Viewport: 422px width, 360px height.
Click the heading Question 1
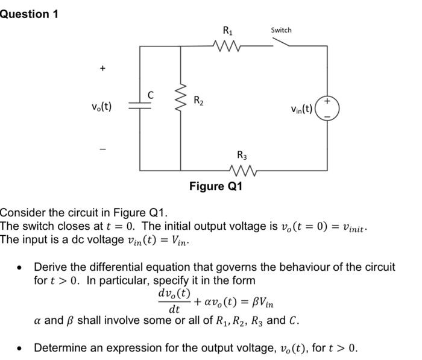pyautogui.click(x=29, y=14)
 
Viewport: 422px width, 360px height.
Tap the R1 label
pyautogui.click(x=228, y=30)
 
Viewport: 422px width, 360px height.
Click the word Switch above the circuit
pyautogui.click(x=281, y=30)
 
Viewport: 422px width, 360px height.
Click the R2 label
pyautogui.click(x=198, y=101)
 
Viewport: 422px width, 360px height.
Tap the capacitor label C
pyautogui.click(x=151, y=94)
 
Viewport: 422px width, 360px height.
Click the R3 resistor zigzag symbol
pyautogui.click(x=242, y=171)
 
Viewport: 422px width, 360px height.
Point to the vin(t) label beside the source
pyautogui.click(x=301, y=109)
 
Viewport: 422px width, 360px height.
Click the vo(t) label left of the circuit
pyautogui.click(x=101, y=107)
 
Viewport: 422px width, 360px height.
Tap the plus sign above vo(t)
pyautogui.click(x=102, y=69)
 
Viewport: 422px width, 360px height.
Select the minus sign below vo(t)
pyautogui.click(x=102, y=145)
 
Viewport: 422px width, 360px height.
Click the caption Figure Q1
pyautogui.click(x=216, y=186)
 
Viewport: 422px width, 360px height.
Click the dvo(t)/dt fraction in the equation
pyautogui.click(x=174, y=301)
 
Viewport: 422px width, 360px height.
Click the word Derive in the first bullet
pyautogui.click(x=51, y=267)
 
